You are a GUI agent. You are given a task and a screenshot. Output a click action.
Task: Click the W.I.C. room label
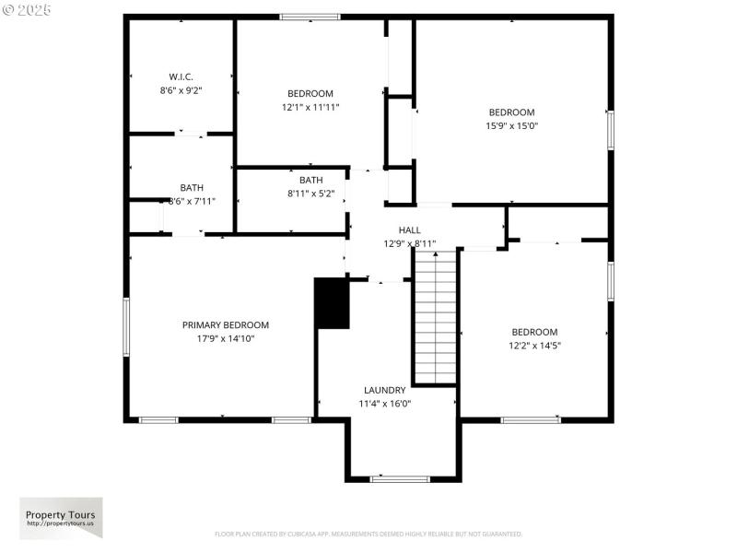coord(181,76)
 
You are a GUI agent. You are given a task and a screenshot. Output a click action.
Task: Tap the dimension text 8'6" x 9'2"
coord(181,90)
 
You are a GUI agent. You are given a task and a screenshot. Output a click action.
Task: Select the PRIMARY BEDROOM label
coord(226,324)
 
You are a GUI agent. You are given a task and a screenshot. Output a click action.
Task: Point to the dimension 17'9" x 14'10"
coord(226,338)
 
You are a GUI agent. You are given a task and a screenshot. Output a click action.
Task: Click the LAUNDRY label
coord(384,390)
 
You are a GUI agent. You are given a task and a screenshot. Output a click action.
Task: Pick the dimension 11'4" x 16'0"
coord(384,404)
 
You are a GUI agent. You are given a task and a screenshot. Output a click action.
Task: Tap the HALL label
coord(410,229)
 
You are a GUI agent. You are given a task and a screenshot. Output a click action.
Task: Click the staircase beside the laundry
coord(435,318)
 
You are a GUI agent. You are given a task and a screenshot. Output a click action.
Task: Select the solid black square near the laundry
coord(333,303)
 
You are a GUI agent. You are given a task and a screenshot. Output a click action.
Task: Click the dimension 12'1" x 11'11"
coord(310,107)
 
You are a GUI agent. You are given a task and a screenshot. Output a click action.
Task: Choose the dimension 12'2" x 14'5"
coord(535,346)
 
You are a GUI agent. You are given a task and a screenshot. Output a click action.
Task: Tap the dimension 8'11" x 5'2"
coord(310,194)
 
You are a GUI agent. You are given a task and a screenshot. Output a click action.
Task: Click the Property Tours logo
coord(62,518)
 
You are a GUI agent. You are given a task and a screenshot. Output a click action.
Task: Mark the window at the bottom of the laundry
coord(400,479)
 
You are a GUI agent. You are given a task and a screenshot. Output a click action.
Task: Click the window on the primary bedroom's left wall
coord(126,327)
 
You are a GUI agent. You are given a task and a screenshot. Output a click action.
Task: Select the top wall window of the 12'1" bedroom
coord(310,17)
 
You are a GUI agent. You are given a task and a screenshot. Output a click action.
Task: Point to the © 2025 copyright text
coord(27,9)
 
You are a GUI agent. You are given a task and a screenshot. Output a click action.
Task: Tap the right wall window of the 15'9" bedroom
coord(610,129)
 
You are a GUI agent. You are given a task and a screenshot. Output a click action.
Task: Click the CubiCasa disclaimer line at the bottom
coord(368,534)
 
